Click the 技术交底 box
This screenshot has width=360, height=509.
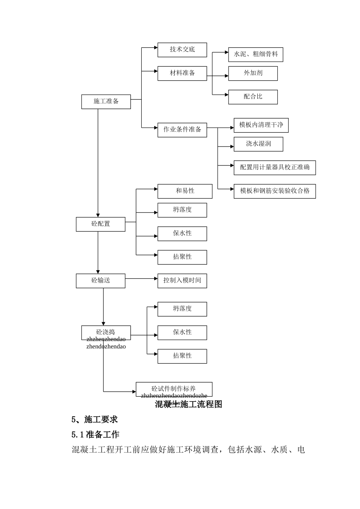coord(182,50)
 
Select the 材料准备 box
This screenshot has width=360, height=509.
coord(182,73)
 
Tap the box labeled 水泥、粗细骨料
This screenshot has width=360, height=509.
coord(255,55)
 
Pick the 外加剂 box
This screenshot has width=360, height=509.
coord(253,73)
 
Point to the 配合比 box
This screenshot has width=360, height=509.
coord(253,97)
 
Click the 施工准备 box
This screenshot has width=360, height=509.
coord(106,101)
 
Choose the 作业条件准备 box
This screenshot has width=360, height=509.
coord(182,130)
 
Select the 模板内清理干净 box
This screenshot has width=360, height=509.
coord(261,125)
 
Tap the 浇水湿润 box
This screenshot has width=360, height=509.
coord(258,144)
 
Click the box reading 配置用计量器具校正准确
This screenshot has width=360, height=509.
coord(274,167)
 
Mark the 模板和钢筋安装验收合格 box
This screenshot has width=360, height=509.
coord(274,191)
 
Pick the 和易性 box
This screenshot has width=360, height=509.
coord(185,191)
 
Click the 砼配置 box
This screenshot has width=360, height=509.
coord(100,224)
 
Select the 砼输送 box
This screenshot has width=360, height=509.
coord(100,281)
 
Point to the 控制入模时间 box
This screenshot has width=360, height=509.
coord(182,281)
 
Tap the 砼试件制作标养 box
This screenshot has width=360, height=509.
coord(174,389)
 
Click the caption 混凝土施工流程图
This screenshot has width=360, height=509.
coord(188,404)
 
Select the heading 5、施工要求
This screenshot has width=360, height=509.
coord(94,420)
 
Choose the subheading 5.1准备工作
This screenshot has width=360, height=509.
coord(95,434)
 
